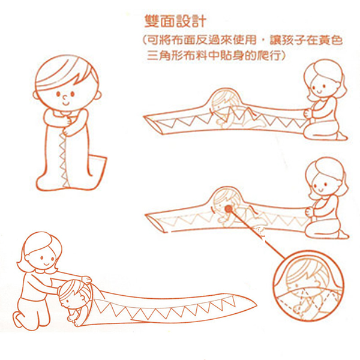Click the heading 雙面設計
[x=175, y=22]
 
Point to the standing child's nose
[x=65, y=98]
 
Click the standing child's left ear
[x=35, y=95]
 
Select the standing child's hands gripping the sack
[x=67, y=126]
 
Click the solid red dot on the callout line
[x=228, y=209]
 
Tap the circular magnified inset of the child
[x=309, y=286]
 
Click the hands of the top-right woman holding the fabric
[x=308, y=113]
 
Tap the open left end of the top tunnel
[x=152, y=124]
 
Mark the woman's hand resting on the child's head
[x=86, y=280]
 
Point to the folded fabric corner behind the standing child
[x=98, y=166]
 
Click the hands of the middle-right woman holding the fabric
[x=310, y=211]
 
